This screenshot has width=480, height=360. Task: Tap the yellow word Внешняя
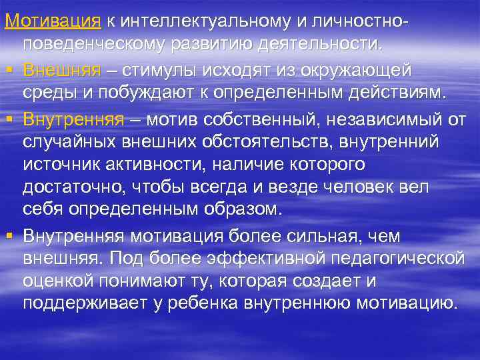[x=62, y=70]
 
